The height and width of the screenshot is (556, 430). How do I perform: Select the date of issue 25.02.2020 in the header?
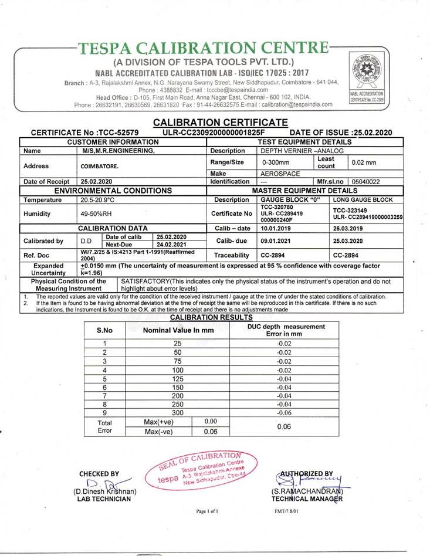coord(369,133)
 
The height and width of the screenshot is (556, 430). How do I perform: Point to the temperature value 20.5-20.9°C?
coord(97,200)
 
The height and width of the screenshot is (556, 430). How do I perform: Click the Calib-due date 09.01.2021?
coord(276,241)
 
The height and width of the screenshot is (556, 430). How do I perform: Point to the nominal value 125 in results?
coord(178,379)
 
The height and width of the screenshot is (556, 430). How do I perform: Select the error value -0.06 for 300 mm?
coord(283,413)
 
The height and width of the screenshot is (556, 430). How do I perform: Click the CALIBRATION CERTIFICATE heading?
coord(221,123)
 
